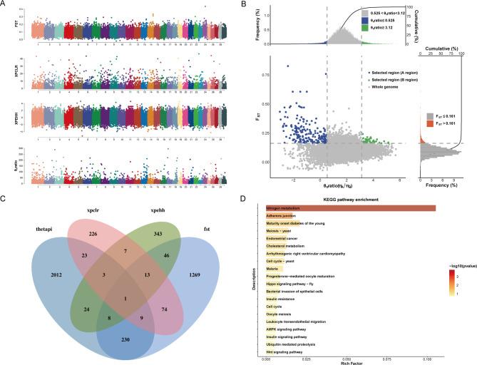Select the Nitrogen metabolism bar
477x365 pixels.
(350, 207)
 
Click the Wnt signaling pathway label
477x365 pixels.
(284, 352)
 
